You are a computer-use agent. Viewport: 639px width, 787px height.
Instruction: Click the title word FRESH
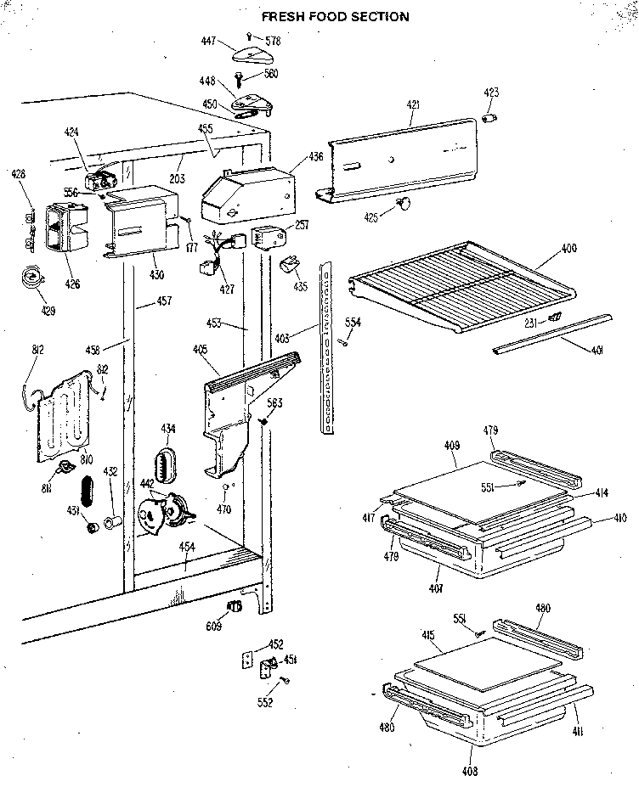tap(282, 16)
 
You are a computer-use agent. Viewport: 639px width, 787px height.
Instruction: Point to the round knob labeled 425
tap(404, 204)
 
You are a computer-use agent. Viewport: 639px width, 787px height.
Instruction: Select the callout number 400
tap(568, 249)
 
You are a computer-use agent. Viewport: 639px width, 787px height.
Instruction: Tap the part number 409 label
tap(452, 445)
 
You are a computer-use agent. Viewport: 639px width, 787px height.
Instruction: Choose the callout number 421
tap(413, 105)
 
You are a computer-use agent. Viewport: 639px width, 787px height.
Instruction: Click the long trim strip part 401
tap(552, 331)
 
